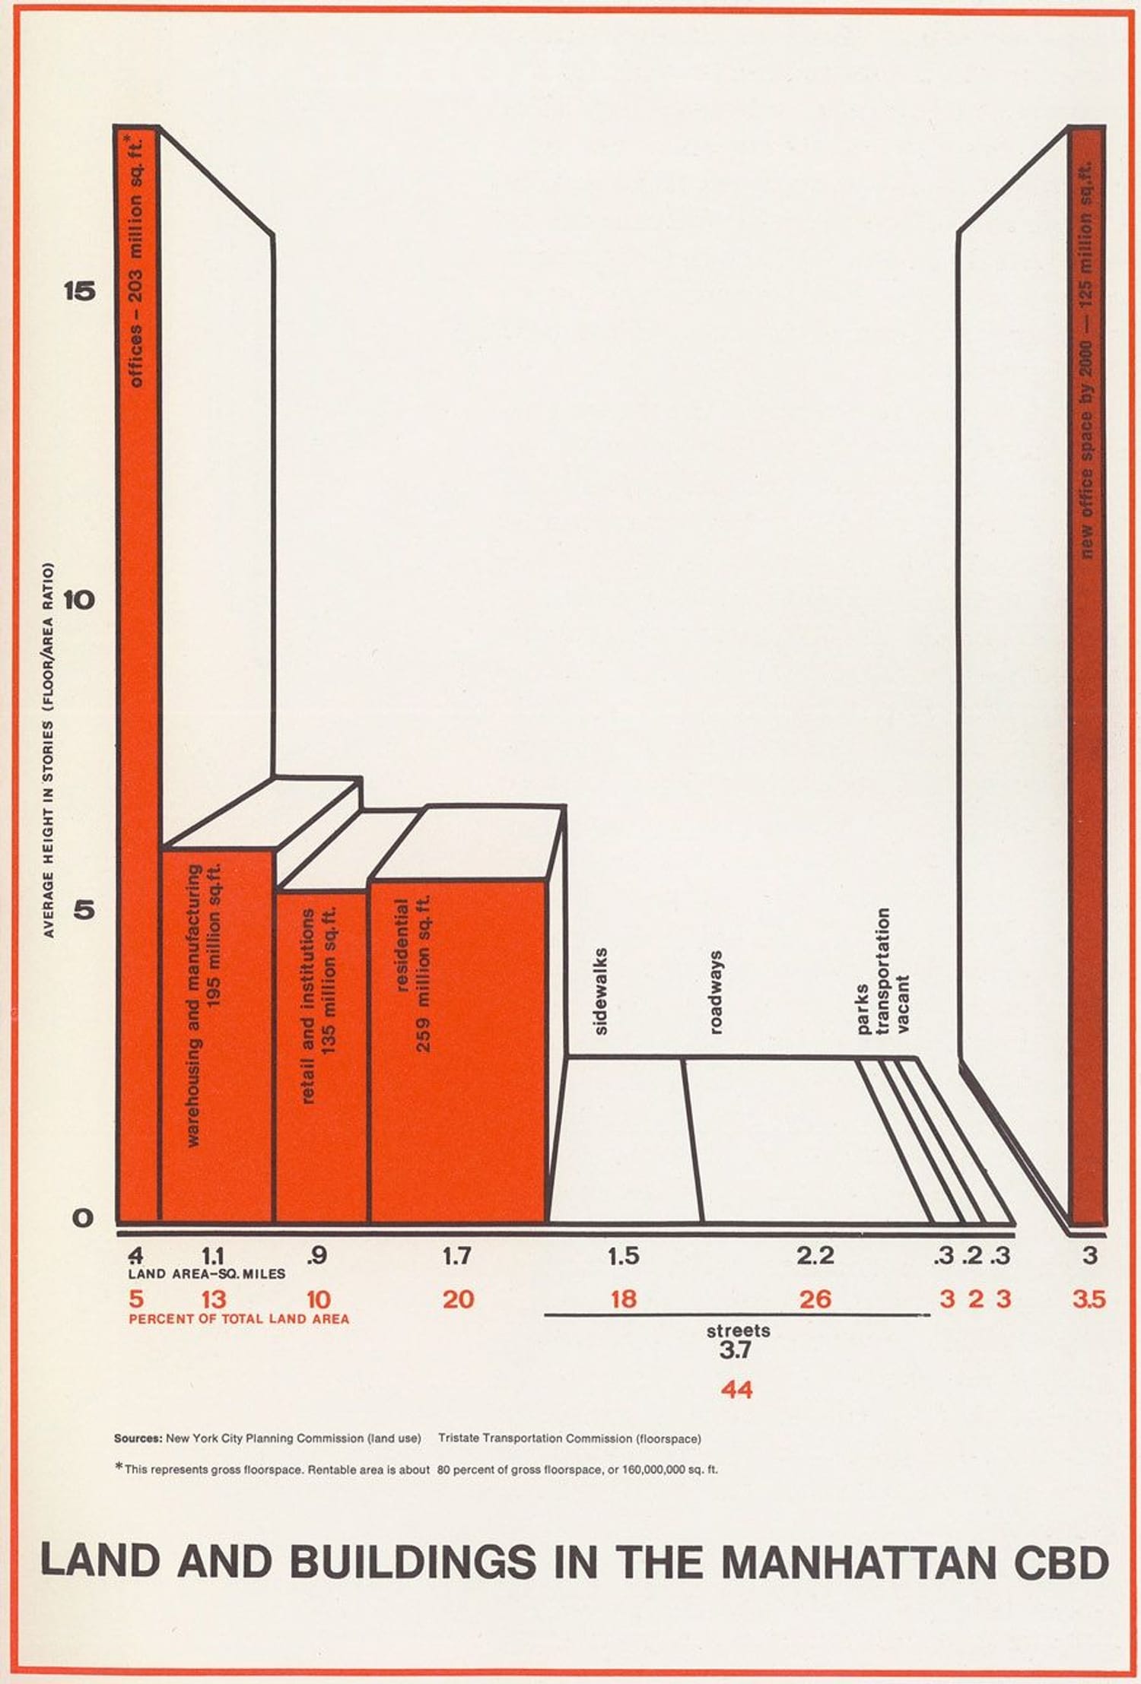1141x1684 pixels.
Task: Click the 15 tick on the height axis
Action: (x=81, y=290)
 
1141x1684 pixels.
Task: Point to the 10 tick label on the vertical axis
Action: (x=80, y=600)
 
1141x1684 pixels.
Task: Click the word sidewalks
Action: (x=601, y=991)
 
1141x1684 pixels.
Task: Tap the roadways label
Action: (x=715, y=991)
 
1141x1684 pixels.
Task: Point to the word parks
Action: (x=863, y=1010)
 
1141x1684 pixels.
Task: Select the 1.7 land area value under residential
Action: (x=456, y=1256)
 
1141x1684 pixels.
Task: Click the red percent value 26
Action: (x=815, y=1299)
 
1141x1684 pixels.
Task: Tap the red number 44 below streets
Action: (x=736, y=1390)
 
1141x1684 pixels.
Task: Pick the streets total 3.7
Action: (x=736, y=1350)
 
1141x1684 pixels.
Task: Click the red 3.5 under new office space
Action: (x=1089, y=1299)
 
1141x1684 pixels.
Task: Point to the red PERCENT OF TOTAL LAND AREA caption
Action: (x=239, y=1319)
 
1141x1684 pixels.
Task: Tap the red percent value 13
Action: (x=214, y=1299)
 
